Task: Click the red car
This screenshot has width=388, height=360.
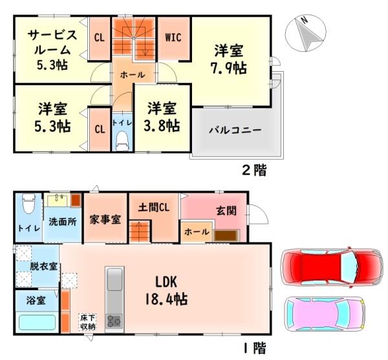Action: coord(329,265)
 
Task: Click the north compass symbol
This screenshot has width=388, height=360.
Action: coord(307,34)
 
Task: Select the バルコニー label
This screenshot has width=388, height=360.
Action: coord(235,130)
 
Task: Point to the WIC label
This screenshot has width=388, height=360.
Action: coord(173,37)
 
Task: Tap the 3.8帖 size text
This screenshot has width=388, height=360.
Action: coord(162,126)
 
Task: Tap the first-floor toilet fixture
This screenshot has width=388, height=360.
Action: coord(27,205)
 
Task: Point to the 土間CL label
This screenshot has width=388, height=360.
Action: coord(154,207)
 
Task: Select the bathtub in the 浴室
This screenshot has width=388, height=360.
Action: coord(36,322)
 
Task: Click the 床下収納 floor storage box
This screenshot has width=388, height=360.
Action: coord(87,321)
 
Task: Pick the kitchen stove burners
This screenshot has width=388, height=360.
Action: coord(114,320)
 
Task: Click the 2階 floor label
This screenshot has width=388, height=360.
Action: coord(253,171)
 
